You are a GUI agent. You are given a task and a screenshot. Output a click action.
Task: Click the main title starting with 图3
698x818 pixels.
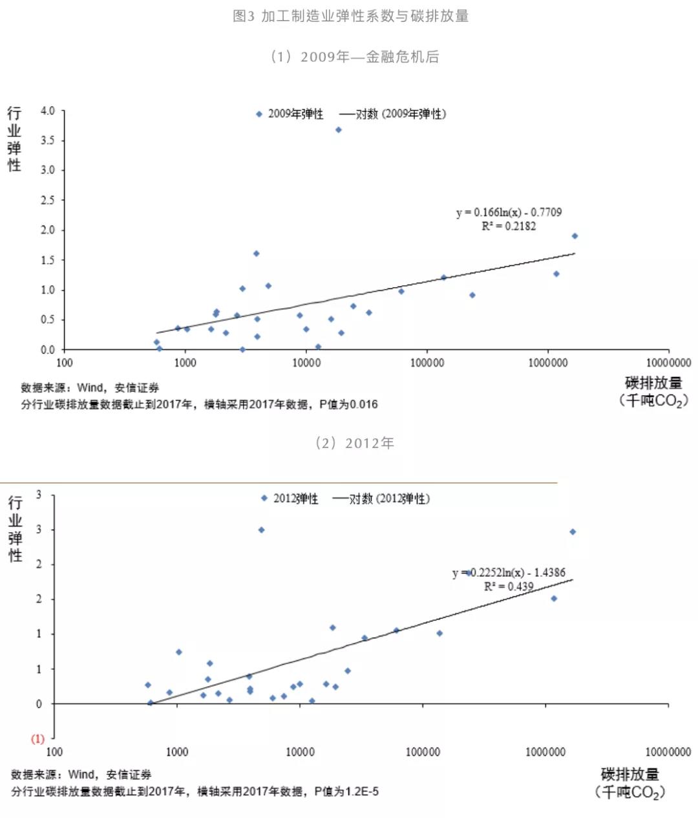coord(350,16)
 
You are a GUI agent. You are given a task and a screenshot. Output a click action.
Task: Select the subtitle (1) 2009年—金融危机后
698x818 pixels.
coord(354,57)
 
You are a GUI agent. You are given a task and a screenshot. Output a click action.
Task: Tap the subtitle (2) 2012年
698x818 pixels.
coord(354,443)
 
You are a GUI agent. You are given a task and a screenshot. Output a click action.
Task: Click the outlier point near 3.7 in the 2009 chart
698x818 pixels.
coord(338,130)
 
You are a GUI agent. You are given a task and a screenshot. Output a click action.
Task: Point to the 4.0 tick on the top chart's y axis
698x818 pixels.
coord(48,111)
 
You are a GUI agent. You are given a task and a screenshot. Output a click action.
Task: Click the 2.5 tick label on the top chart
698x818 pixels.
coord(48,200)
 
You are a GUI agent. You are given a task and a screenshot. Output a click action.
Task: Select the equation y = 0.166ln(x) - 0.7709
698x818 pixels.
coord(509,212)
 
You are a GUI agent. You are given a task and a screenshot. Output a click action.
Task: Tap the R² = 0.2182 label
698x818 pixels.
coord(509,226)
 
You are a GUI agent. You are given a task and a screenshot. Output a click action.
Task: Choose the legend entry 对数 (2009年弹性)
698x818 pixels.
coord(392,114)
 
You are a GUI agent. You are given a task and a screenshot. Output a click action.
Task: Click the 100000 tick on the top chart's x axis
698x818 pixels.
coord(427,363)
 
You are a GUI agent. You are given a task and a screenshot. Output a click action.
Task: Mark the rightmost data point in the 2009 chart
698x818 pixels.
coord(575,236)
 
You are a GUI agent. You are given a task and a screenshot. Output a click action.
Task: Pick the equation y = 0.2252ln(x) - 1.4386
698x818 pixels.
coord(509,572)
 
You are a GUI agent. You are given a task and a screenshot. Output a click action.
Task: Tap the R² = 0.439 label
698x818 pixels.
coord(509,587)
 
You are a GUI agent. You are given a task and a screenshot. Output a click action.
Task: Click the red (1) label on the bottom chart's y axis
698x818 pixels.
coord(38,738)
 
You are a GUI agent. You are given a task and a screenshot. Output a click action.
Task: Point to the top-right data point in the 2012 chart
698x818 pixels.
coord(573,532)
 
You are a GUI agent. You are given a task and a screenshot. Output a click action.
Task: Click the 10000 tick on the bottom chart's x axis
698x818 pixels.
coord(300,752)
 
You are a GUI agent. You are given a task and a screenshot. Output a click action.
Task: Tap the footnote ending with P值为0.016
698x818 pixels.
coord(199,404)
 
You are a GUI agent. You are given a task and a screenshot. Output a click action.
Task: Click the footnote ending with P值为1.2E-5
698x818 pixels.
coord(195,791)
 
